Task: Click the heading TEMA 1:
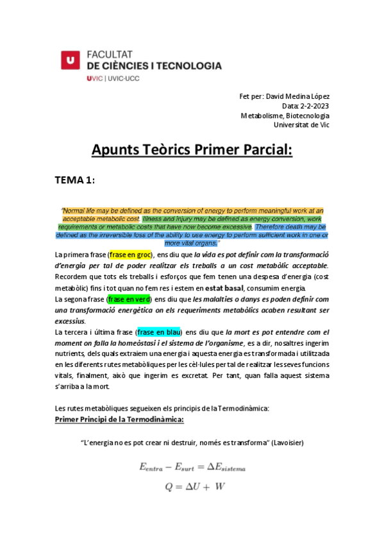pyautogui.click(x=75, y=180)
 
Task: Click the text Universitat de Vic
pyautogui.click(x=301, y=125)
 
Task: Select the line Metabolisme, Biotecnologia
pyautogui.click(x=285, y=115)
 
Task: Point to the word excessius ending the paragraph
pyautogui.click(x=71, y=321)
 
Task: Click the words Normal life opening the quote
pyautogui.click(x=81, y=210)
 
